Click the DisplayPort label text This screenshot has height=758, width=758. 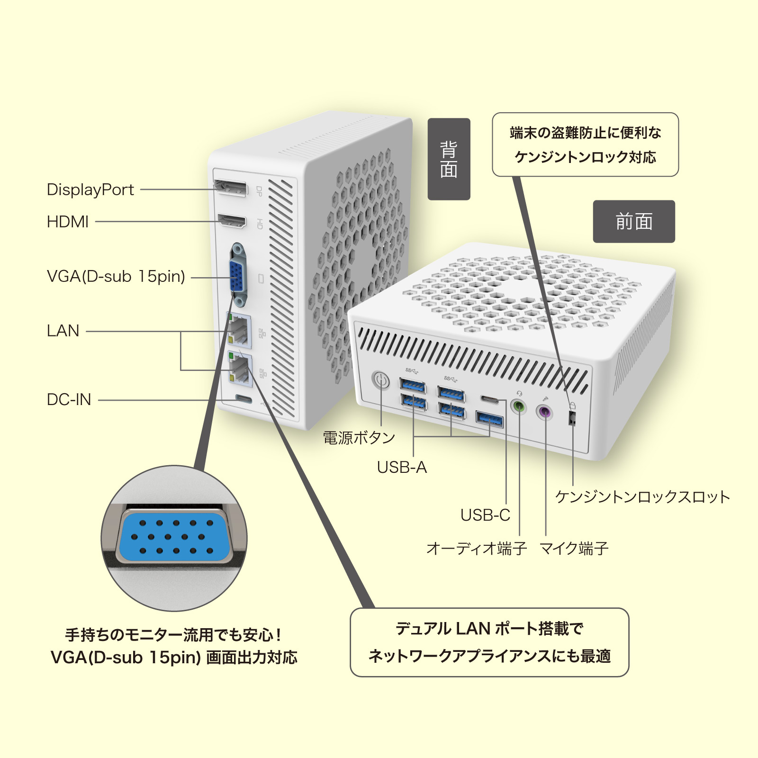click(90, 189)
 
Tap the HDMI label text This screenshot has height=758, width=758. click(68, 221)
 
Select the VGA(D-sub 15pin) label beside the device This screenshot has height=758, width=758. click(116, 276)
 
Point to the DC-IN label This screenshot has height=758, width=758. click(69, 399)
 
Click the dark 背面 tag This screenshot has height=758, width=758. click(449, 159)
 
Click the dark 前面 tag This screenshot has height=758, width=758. click(633, 221)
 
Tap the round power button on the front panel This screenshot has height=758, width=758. click(381, 380)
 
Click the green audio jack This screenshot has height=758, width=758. click(519, 406)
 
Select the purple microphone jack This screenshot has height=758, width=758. click(545, 411)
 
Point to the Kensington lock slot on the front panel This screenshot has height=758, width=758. click(572, 418)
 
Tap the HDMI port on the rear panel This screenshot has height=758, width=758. click(232, 221)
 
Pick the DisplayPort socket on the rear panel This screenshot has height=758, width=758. click(231, 189)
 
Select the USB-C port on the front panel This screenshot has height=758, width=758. click(489, 399)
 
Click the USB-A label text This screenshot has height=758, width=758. click(402, 468)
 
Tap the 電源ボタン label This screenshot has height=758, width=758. click(359, 438)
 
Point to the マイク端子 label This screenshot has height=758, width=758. click(574, 549)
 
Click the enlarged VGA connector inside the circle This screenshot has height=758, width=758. click(174, 537)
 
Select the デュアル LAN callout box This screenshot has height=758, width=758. click(489, 642)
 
